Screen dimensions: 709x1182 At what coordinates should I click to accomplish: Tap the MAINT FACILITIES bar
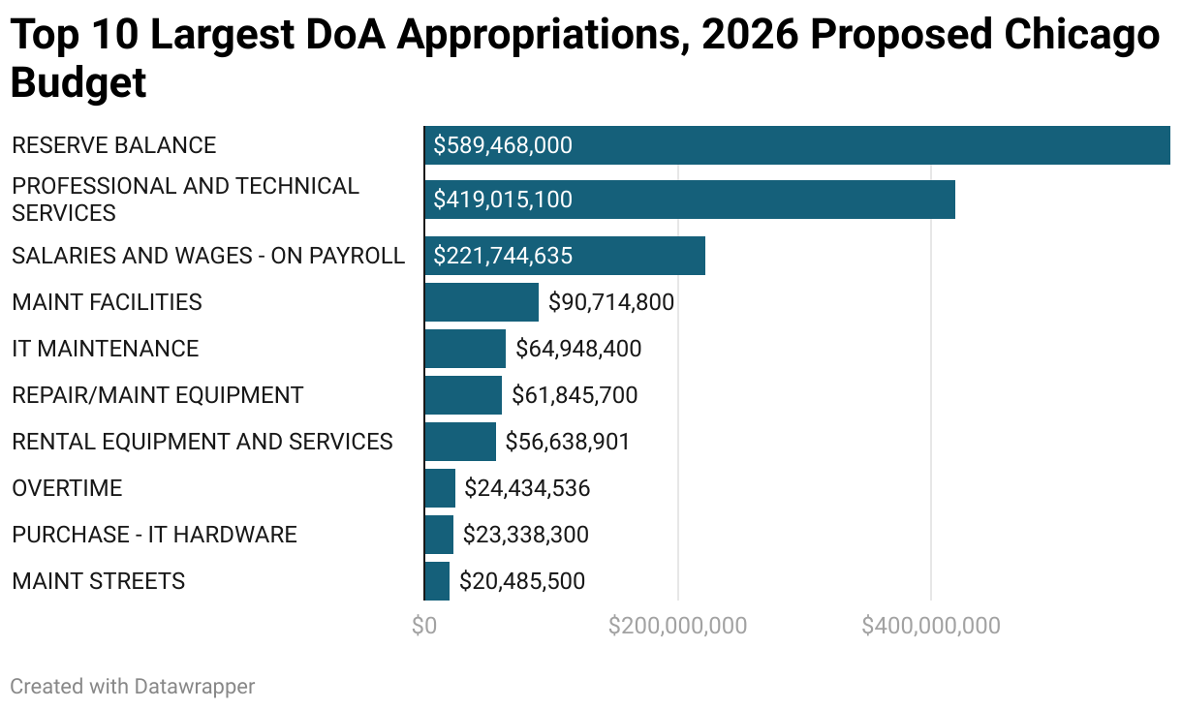point(482,302)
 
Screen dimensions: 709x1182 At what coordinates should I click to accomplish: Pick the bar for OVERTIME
point(440,488)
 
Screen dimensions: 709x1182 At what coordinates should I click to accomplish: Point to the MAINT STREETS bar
point(437,581)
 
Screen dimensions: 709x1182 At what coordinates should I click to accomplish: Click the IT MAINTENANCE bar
point(465,349)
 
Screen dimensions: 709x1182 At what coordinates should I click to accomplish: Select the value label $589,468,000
point(503,145)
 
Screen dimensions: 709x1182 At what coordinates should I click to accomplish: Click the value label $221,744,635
point(503,256)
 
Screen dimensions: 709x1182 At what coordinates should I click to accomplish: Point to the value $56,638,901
point(568,442)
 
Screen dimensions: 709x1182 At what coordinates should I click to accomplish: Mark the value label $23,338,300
point(526,535)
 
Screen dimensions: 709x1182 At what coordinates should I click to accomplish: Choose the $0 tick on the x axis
point(424,626)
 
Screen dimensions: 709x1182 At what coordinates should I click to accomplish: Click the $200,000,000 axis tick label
point(677,626)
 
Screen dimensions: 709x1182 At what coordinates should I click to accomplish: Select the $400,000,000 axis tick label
point(931,626)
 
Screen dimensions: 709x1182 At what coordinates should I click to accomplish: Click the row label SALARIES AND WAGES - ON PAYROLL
point(208,256)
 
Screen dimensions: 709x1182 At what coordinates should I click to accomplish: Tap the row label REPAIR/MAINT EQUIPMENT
point(158,395)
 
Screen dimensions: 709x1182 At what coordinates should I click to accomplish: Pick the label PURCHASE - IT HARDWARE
point(154,535)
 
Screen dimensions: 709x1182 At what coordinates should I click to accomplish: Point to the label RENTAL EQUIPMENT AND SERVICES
point(202,442)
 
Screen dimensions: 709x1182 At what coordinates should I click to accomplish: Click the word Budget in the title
point(78,83)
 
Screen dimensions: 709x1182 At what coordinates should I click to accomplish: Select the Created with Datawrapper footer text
point(133,687)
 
